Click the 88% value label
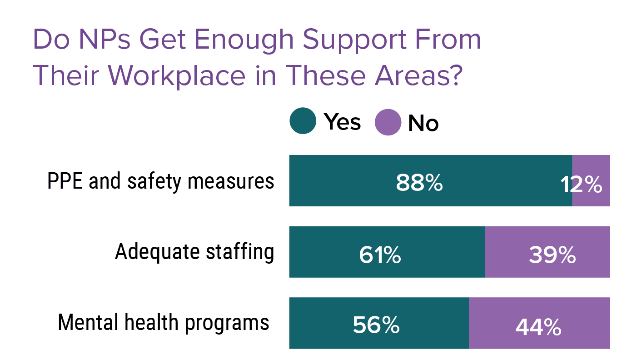pyautogui.click(x=419, y=184)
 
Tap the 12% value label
pyautogui.click(x=581, y=185)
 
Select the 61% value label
pyautogui.click(x=380, y=255)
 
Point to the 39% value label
pyautogui.click(x=552, y=255)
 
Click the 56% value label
pyautogui.click(x=376, y=325)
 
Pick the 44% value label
pyautogui.click(x=538, y=326)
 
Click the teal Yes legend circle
pyautogui.click(x=303, y=121)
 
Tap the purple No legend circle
pyautogui.click(x=388, y=122)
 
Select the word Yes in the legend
pyautogui.click(x=342, y=122)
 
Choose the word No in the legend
pyautogui.click(x=423, y=123)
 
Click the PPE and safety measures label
pyautogui.click(x=161, y=181)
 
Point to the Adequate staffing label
pyautogui.click(x=194, y=251)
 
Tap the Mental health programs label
pyautogui.click(x=164, y=322)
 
